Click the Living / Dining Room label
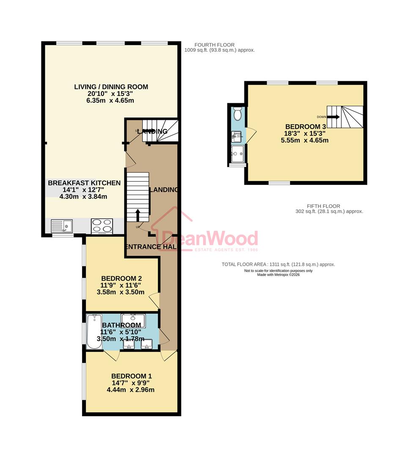point(111,87)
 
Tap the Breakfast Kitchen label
point(84,183)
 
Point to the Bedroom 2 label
point(121,278)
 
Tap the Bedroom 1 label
point(131,376)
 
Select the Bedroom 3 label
point(306,127)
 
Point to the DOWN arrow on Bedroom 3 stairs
point(334,117)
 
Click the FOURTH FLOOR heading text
point(214,45)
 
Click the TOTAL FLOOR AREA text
point(278,264)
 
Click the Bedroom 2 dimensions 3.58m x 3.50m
point(121,292)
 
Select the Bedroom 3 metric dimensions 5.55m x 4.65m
point(304,140)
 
